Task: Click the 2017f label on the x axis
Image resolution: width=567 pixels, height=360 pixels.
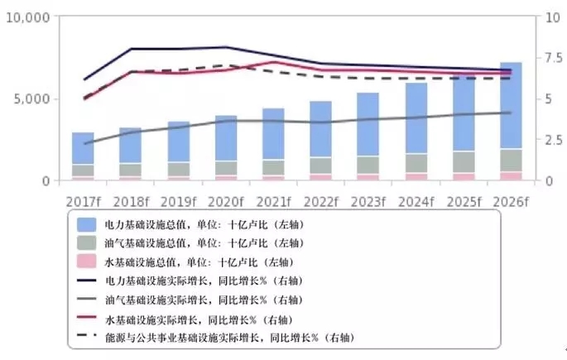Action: click(83, 200)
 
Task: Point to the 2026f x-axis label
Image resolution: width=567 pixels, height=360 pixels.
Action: click(511, 200)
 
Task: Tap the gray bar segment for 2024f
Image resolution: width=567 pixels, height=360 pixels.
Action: click(416, 163)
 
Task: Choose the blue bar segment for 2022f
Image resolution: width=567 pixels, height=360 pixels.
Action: click(321, 129)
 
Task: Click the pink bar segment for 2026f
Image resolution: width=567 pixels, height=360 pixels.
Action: click(511, 175)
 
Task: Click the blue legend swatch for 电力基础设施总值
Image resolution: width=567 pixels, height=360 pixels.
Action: click(87, 225)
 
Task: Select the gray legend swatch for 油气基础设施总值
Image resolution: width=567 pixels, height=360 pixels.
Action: click(87, 244)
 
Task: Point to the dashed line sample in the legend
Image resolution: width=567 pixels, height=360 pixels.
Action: click(87, 337)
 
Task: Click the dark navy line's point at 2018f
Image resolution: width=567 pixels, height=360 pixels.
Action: click(131, 49)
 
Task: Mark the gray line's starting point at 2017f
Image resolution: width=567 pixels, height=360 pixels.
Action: click(84, 143)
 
